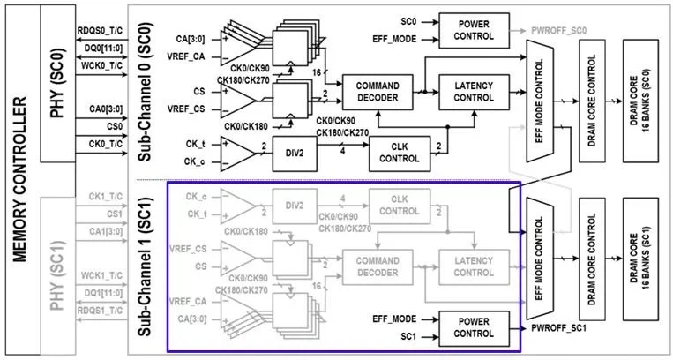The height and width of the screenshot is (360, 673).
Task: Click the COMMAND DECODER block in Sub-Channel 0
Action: [x=378, y=89]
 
